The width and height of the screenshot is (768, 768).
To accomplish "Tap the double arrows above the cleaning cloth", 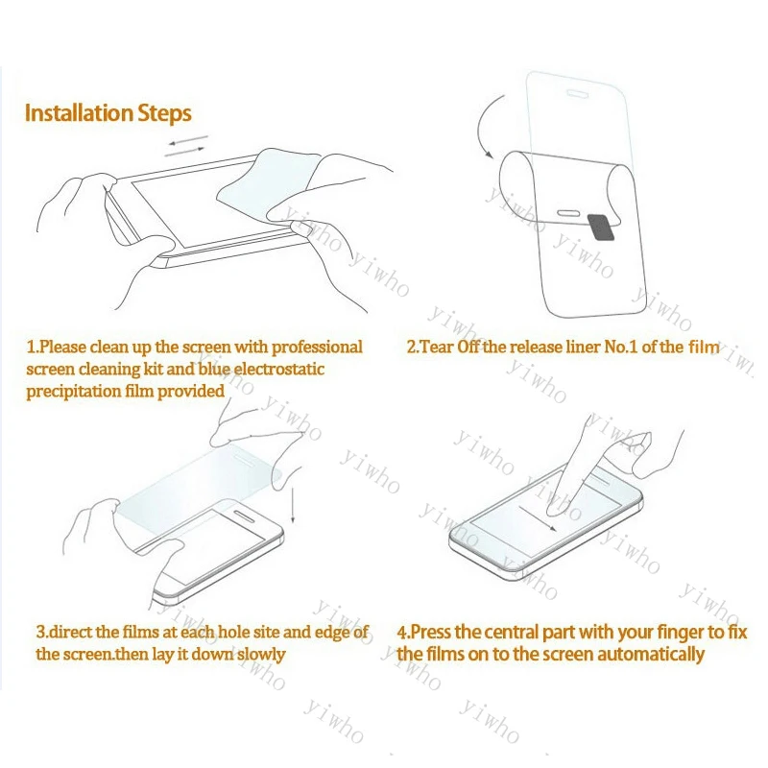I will (185, 145).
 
